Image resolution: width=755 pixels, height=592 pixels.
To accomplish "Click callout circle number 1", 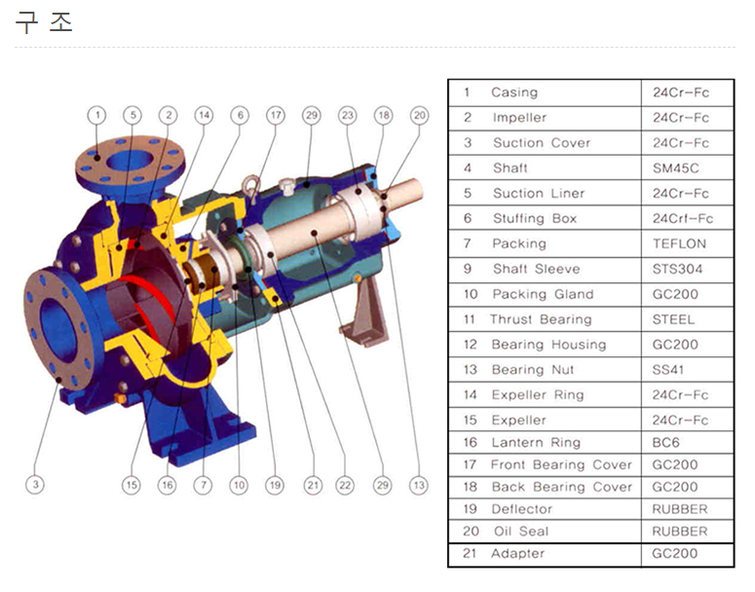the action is pos(97,116).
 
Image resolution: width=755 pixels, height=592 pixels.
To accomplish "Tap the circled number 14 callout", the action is pos(205,116).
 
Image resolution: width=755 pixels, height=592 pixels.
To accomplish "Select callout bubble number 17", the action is pos(276,116).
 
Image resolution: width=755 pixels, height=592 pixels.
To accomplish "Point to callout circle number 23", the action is pos(347,116).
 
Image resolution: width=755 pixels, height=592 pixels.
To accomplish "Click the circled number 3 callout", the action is pos(35,484).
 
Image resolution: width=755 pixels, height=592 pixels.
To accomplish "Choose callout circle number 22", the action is pos(345,485).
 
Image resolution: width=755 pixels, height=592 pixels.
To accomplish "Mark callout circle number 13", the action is pos(419,485).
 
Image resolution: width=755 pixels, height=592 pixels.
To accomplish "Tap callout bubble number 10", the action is pos(240,485).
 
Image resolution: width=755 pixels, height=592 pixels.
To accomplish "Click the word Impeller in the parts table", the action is pos(519,118).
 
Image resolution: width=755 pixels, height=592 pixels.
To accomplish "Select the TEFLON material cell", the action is pos(679,244).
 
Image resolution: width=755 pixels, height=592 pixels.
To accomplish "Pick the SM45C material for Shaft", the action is pos(675,168).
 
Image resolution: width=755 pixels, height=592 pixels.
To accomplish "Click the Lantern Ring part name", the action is pos(536,443).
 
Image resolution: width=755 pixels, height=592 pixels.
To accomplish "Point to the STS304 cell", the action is pos(677,269).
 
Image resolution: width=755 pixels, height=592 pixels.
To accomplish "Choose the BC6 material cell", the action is pos(665,443).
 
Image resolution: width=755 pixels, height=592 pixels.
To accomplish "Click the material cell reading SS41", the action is pos(668,370).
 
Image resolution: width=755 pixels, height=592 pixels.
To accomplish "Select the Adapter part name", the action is pos(518,554).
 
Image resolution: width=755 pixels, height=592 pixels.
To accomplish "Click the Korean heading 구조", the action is pos(44,22).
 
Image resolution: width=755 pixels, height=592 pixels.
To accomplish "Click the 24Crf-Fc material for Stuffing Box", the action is pos(683,219).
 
